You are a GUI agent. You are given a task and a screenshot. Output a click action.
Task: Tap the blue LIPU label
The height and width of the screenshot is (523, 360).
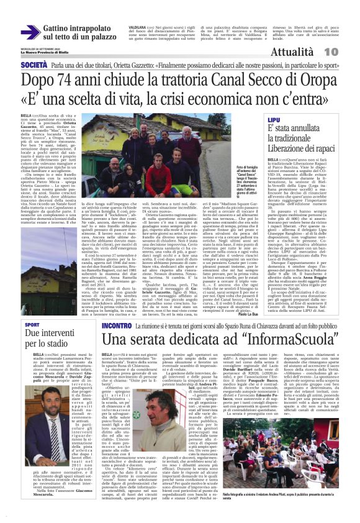coord(274,119)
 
